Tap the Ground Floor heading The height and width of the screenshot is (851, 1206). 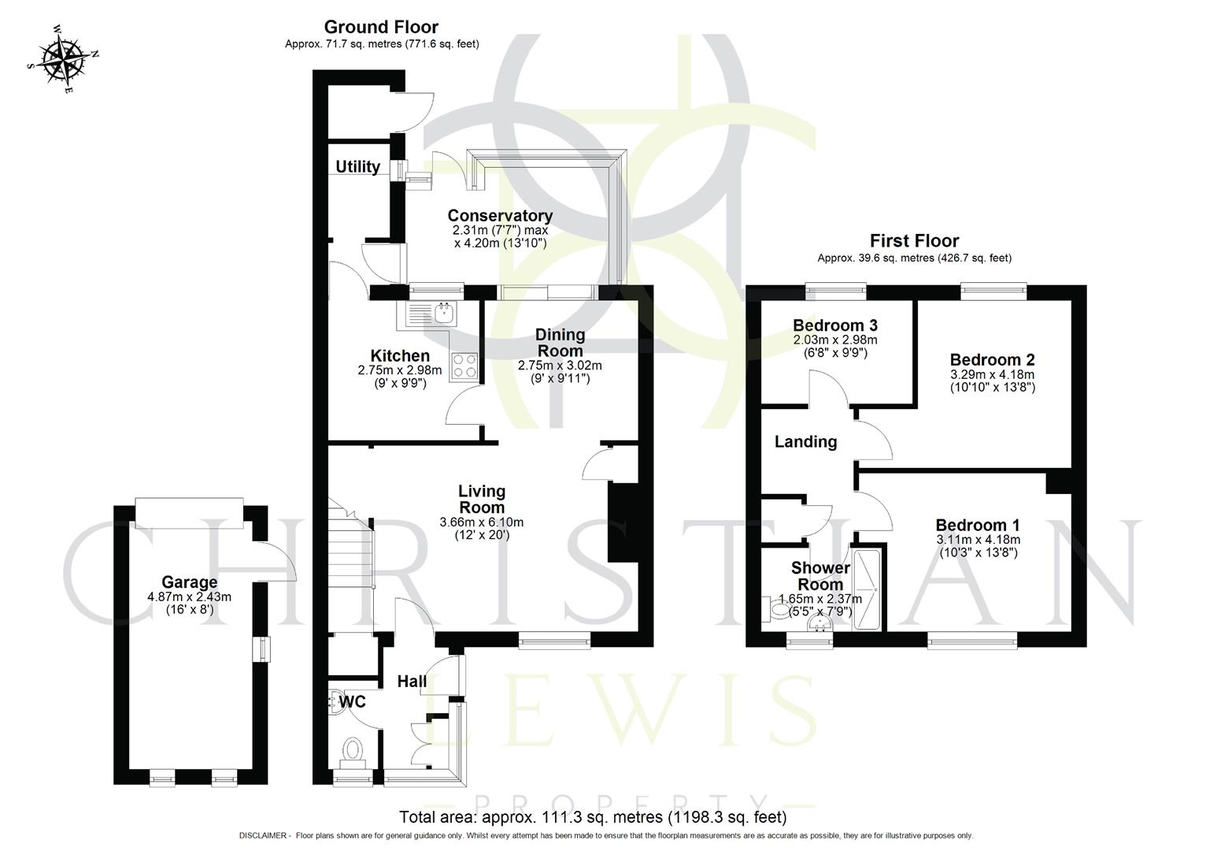[x=381, y=28]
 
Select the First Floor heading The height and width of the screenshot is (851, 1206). [x=914, y=241]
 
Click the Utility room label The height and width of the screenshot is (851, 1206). [x=357, y=167]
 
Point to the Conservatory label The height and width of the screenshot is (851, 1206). [x=500, y=215]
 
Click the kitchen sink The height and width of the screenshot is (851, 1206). [x=443, y=314]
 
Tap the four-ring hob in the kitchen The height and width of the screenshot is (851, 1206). [x=464, y=366]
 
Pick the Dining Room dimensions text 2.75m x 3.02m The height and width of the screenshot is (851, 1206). [x=560, y=366]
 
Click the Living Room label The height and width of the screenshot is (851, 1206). [x=482, y=499]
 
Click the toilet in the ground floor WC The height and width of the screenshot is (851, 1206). [x=353, y=751]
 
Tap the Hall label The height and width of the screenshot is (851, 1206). [x=412, y=682]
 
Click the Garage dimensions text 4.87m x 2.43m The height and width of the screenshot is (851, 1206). [x=189, y=597]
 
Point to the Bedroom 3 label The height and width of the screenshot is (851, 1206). [x=835, y=325]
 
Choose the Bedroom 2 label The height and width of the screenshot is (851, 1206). [x=992, y=359]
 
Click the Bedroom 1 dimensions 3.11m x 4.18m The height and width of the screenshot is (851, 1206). [x=978, y=540]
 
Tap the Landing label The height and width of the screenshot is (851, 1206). [x=805, y=442]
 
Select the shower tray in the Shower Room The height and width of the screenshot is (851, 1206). [x=868, y=589]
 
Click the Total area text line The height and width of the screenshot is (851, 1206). [x=593, y=817]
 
